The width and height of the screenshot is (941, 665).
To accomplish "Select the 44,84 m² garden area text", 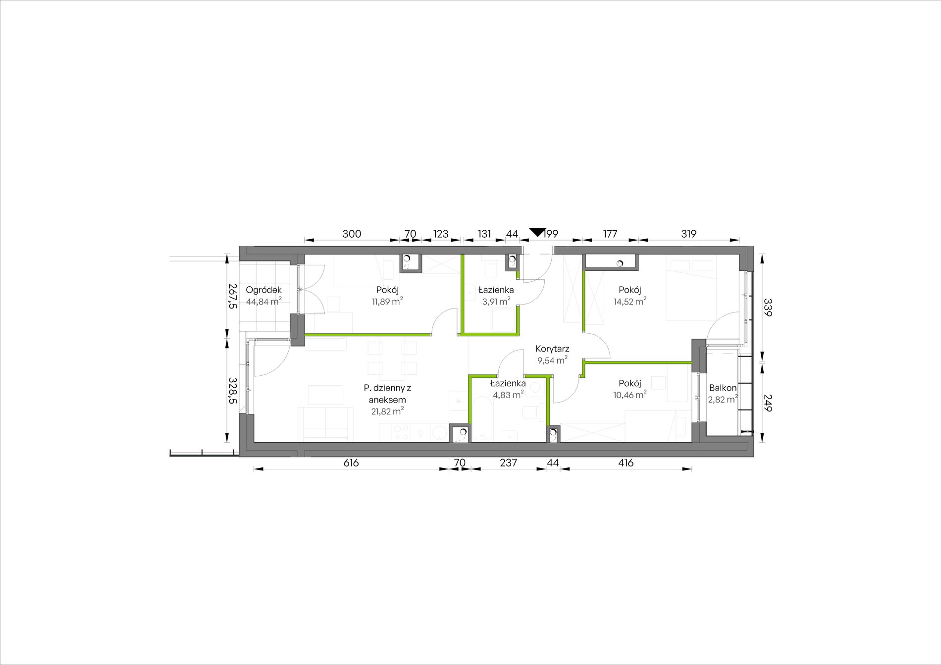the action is [x=264, y=301].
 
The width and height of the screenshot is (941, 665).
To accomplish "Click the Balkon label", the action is [x=723, y=388].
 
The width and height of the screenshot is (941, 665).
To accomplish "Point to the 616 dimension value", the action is [x=351, y=463].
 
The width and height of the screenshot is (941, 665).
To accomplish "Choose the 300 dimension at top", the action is [x=352, y=234].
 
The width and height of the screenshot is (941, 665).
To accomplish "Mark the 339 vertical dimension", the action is [x=767, y=307].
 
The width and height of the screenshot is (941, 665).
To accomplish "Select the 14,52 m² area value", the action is [x=629, y=301].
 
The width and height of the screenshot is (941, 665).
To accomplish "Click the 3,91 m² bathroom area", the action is [x=496, y=301].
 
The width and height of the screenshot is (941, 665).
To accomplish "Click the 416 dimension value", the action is [x=626, y=463].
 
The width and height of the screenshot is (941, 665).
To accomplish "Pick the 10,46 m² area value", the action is [x=629, y=395].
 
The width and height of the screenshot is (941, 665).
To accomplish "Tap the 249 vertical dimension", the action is [x=767, y=403].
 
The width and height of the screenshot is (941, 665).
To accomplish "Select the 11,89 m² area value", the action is [x=387, y=301].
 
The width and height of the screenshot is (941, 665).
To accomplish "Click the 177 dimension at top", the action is [x=610, y=234].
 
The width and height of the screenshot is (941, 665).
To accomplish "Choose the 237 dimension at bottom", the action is [x=509, y=463].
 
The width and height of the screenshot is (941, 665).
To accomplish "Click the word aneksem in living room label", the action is [x=387, y=400].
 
